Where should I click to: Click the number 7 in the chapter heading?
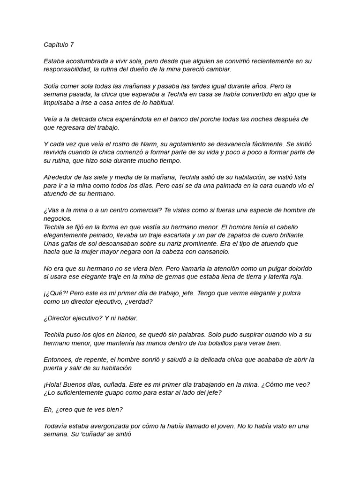click(x=72, y=45)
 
